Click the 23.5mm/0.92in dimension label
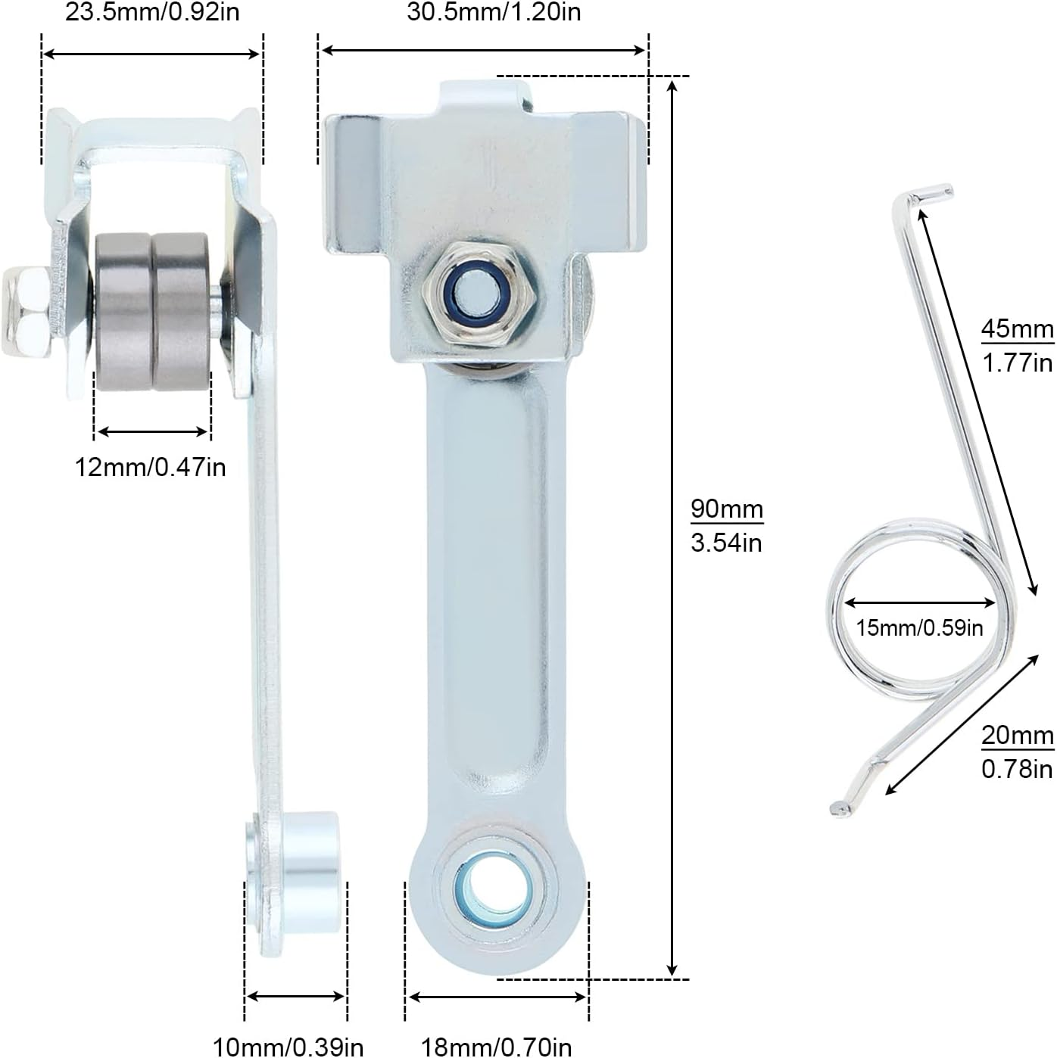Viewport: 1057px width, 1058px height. [x=151, y=13]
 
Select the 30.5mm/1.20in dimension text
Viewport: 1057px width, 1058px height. [x=494, y=13]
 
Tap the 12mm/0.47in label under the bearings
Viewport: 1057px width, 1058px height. [x=150, y=467]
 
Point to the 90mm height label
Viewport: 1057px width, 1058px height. [x=726, y=509]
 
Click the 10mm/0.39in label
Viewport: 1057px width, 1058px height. [x=288, y=1047]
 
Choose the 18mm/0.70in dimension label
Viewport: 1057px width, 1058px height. [x=496, y=1047]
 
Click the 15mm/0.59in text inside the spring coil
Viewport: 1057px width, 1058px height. [x=919, y=627]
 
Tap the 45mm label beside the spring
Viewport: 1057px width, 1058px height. [x=1017, y=329]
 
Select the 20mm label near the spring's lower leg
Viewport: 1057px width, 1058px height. [x=1017, y=735]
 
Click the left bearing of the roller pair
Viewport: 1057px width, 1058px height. [x=123, y=311]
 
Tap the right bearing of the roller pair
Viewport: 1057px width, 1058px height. [x=181, y=311]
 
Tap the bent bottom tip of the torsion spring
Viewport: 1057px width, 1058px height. [x=840, y=808]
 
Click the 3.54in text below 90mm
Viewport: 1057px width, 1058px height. [x=726, y=543]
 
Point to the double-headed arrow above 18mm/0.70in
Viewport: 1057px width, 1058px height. [x=497, y=997]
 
